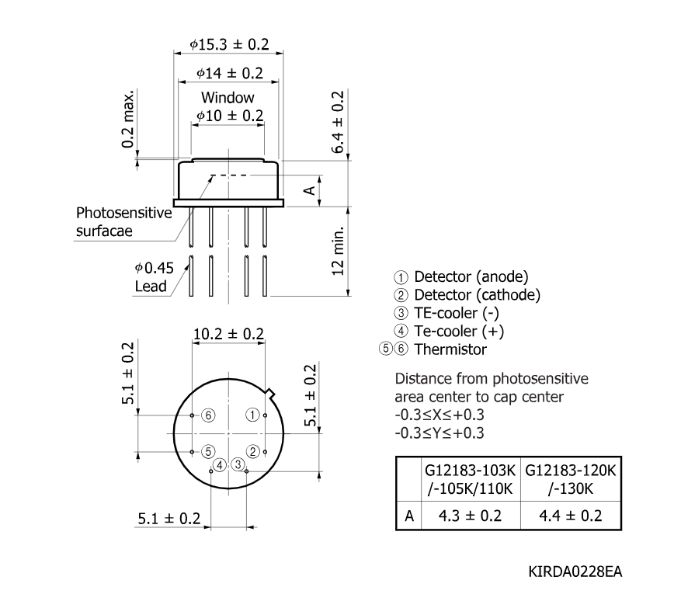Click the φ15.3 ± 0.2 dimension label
pos(229,44)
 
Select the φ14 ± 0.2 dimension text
pos(230,73)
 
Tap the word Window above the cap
pos(228,97)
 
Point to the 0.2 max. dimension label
pos(128,119)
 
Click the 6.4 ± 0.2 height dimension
pos(338,122)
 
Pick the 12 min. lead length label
pos(338,251)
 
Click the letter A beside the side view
pos(309,190)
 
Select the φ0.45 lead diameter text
pos(155,268)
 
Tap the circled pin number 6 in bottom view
pos(208,415)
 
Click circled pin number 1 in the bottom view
pos(252,415)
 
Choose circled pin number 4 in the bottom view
pos(220,466)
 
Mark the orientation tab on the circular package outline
pos(270,393)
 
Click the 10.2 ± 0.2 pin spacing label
pos(228,334)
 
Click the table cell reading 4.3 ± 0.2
pos(470,516)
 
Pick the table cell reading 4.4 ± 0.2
pos(571,516)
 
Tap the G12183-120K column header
pos(571,471)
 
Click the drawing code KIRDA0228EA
pos(575,572)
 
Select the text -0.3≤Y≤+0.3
pos(439,433)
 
